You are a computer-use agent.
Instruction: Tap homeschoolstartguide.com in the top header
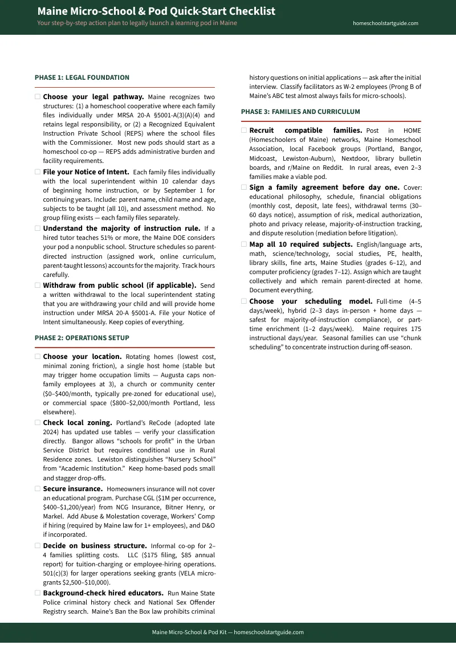point(385,23)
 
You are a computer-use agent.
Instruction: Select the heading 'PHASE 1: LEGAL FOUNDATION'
point(82,77)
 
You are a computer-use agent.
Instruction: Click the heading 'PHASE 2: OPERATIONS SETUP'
point(82,338)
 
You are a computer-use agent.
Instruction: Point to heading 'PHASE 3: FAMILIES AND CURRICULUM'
point(300,112)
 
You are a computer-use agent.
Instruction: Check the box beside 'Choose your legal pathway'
point(38,97)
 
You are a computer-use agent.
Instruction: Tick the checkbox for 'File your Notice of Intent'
point(38,172)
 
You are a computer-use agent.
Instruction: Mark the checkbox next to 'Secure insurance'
point(38,488)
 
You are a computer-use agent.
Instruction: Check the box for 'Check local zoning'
point(38,423)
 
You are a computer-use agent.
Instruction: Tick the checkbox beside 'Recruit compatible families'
point(244,130)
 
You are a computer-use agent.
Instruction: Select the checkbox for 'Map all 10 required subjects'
point(244,244)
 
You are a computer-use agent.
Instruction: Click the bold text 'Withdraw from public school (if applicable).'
point(120,285)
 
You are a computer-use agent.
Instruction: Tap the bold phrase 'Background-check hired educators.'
point(103,593)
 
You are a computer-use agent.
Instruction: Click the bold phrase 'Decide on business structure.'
point(95,545)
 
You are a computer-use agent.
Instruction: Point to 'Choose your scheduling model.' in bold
point(311,301)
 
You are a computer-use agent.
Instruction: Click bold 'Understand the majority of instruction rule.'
point(121,228)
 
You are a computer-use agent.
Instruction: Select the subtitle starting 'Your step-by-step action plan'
point(137,23)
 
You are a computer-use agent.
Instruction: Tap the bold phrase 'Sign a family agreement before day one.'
point(324,187)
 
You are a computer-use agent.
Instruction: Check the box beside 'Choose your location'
point(38,356)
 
